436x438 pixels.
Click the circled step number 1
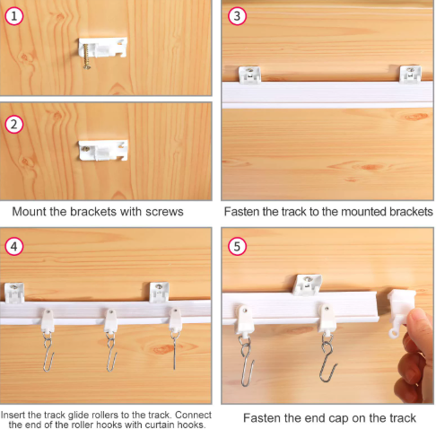[x=14, y=16]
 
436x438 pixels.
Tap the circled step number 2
[x=14, y=124]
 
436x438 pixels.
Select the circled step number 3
[x=237, y=16]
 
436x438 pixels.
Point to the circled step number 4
[x=14, y=247]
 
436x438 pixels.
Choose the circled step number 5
[x=237, y=247]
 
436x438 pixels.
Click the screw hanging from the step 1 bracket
[x=87, y=57]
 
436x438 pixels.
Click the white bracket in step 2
[x=103, y=150]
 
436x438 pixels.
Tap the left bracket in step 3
[x=249, y=74]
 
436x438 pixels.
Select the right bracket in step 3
[x=411, y=74]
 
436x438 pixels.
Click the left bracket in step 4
[x=14, y=293]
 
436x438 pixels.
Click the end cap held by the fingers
[x=400, y=311]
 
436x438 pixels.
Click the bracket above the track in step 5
[x=307, y=285]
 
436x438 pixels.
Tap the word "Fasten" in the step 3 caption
[x=241, y=212]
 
